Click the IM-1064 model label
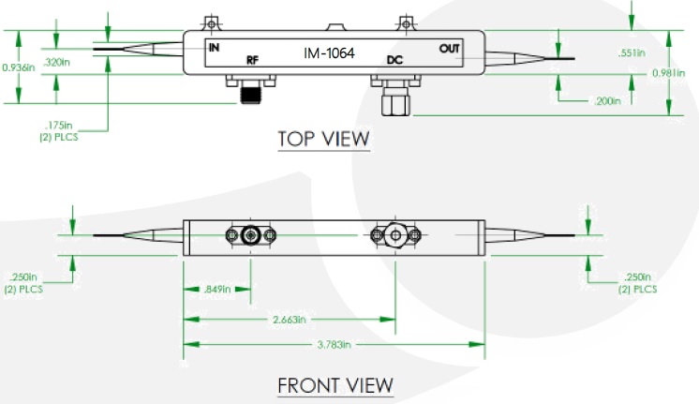[x=330, y=53]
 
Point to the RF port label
[x=252, y=61]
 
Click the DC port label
[x=394, y=61]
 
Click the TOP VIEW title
[x=323, y=140]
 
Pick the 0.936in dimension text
[x=19, y=67]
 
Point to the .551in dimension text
[x=632, y=53]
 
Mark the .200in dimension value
[x=606, y=99]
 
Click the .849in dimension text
[x=217, y=290]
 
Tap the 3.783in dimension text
[x=335, y=345]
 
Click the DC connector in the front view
[x=395, y=235]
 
